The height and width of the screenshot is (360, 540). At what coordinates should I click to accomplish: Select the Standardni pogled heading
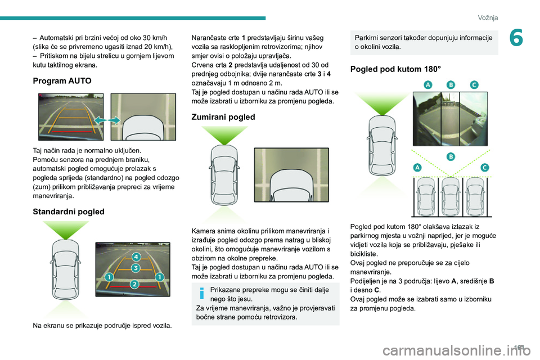pos(69,212)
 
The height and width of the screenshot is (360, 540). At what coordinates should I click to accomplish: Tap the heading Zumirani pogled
pos(224,117)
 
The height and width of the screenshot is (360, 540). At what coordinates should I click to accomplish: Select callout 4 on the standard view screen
pos(136,257)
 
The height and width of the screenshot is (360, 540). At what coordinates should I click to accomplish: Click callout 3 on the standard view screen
pos(136,268)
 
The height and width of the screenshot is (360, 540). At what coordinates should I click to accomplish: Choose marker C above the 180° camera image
pos(474,84)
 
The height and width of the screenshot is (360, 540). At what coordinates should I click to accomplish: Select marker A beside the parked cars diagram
pos(417,167)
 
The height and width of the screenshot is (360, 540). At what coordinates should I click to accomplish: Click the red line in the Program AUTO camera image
pos(71,132)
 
